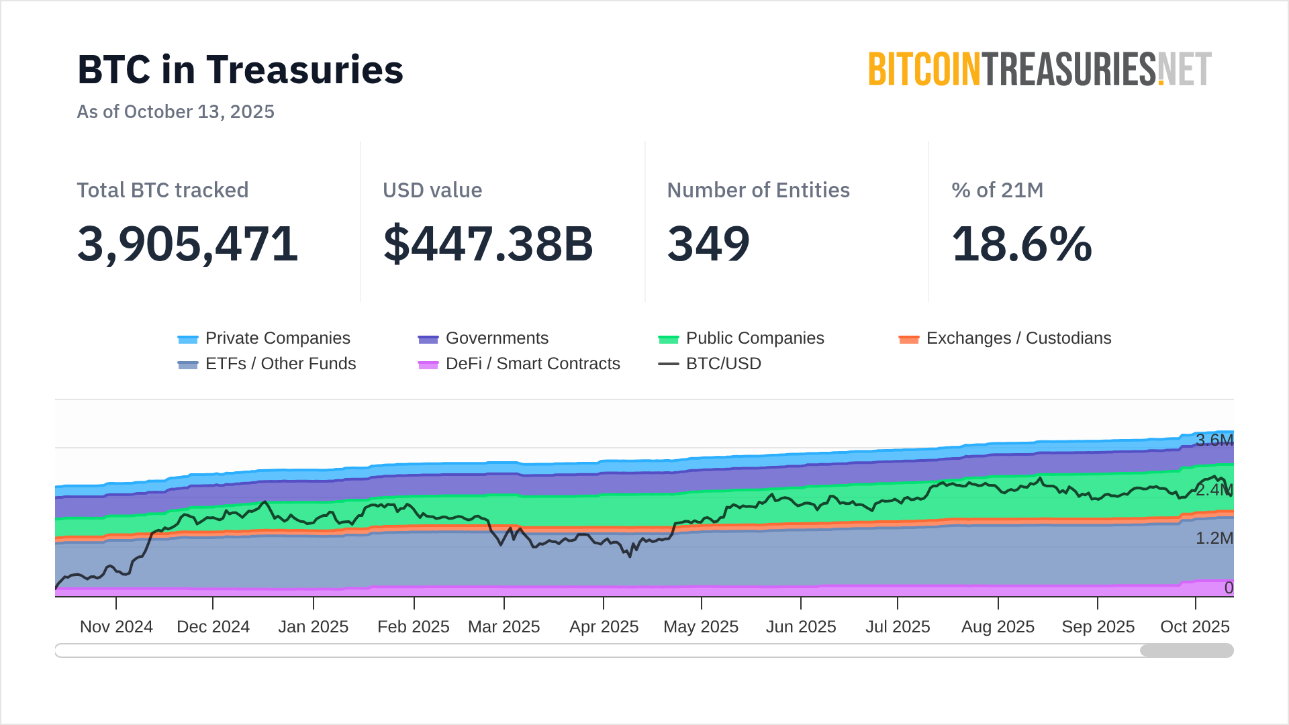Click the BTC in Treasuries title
coord(240,70)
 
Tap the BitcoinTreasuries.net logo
coord(1039,70)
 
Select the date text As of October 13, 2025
coord(175,111)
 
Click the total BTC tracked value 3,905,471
coord(187,244)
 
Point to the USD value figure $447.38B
coord(488,244)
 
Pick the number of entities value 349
coord(708,244)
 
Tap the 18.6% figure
coord(1022,244)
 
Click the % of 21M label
coord(997,191)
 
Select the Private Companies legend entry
coord(264,338)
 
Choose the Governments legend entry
coord(483,338)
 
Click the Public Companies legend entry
coord(741,338)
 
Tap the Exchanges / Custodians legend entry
coord(1005,338)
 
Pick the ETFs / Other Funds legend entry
coord(267,364)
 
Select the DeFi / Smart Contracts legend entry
coord(519,364)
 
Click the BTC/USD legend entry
coord(710,364)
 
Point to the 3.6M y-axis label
coord(1214,440)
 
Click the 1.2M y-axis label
coord(1214,538)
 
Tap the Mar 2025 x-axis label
coord(504,627)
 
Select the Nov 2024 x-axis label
coord(116,627)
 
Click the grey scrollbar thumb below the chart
coord(1186,650)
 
